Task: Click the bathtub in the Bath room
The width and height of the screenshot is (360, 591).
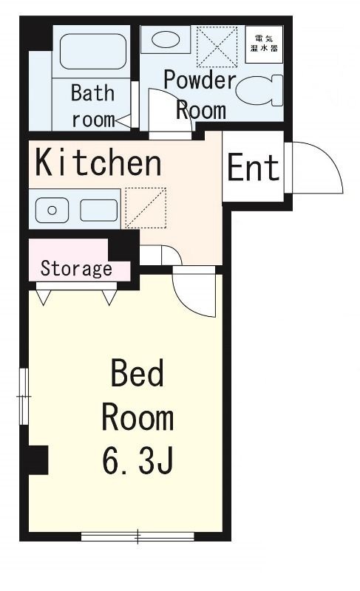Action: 92,51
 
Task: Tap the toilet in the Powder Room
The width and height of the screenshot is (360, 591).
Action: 259,90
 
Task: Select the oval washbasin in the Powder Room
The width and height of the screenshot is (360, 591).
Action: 165,40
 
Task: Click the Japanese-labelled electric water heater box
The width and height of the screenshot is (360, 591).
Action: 264,44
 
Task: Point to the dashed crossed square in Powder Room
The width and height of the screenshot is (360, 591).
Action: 217,47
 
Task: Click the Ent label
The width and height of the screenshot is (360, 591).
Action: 253,167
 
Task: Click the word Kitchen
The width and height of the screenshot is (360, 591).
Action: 98,163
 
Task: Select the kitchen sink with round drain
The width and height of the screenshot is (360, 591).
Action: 52,210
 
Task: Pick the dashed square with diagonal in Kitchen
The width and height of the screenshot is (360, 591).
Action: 146,208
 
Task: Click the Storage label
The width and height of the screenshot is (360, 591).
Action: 76,268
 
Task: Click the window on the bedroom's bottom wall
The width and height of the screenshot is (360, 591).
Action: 137,536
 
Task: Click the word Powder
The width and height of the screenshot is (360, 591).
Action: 200,80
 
